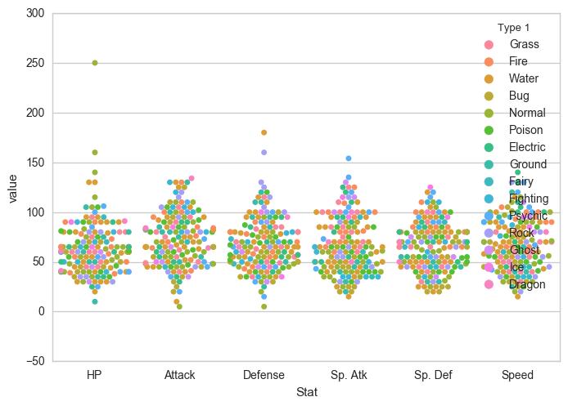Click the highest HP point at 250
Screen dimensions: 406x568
(95, 63)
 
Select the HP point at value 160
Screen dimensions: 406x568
(95, 152)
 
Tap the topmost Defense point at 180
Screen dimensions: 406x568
(264, 132)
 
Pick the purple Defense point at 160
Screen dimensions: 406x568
(264, 152)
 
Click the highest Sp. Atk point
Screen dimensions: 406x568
(348, 158)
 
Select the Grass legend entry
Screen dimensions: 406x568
(524, 43)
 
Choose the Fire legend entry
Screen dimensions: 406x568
(520, 61)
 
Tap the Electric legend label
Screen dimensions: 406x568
(527, 147)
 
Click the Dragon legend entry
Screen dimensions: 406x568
(527, 284)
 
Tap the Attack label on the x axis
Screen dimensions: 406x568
(179, 375)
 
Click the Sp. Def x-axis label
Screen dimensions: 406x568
(433, 375)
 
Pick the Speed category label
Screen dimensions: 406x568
(517, 375)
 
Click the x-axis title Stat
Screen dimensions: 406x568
(306, 393)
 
